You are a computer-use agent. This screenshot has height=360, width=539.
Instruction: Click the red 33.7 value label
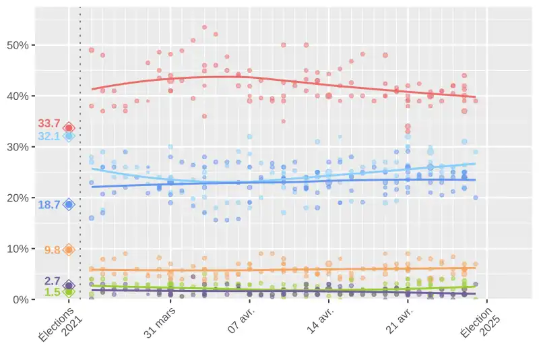pos(49,123)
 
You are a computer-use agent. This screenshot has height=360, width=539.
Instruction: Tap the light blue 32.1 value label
pos(49,136)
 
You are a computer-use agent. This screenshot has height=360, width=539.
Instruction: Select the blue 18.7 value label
pos(49,204)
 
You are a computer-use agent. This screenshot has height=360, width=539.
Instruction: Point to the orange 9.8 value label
pos(52,250)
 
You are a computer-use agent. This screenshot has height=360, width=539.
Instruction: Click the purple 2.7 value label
pos(53,281)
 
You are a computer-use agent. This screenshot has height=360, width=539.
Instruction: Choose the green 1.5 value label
pos(53,292)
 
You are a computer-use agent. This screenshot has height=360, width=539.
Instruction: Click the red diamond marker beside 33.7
pos(69,128)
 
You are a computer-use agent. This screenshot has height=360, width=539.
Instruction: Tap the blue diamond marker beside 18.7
pos(69,204)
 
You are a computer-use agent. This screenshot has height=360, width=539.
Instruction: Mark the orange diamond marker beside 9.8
pos(69,249)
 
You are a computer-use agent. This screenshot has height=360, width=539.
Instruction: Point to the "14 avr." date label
pos(321,322)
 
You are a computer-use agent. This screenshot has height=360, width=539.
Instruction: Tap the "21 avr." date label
pos(400,322)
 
